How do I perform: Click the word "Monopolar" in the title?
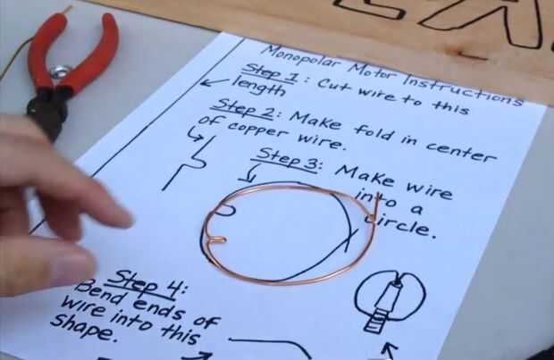302,57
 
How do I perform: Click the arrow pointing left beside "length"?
214,82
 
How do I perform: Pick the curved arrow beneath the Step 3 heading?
251,172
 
